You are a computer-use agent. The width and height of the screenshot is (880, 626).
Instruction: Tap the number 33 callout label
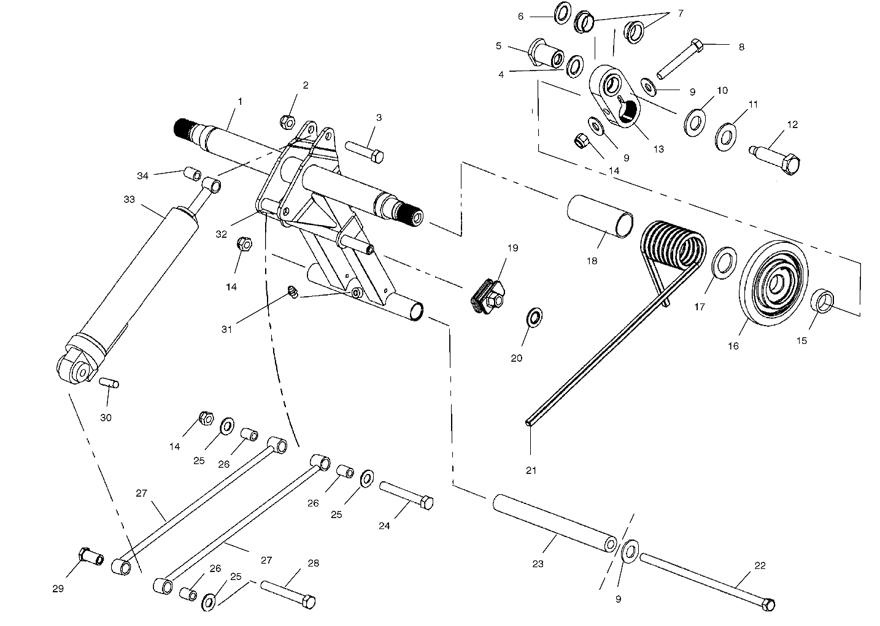coord(129,199)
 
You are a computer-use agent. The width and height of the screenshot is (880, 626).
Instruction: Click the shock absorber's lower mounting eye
coord(79,369)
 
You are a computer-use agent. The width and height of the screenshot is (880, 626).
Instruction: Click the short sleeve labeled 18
coord(600,216)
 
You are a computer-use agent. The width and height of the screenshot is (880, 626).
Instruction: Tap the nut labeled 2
coord(288,121)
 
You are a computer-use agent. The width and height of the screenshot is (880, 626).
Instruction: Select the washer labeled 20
coord(534,317)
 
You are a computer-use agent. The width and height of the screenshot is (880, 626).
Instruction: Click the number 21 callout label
coord(531,470)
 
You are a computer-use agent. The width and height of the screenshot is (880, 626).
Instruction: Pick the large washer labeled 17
coord(724,262)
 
